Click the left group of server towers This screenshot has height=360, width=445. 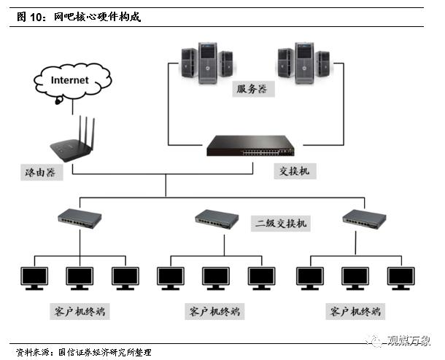pos(206,61)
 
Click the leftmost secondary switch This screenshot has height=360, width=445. pos(80,216)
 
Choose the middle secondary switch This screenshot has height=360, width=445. pos(217,217)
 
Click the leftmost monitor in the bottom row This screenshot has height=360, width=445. pos(34,278)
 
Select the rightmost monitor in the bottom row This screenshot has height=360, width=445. pos(400,278)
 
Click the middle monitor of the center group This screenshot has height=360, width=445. pos(216,278)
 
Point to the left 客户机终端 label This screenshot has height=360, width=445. pos(80,311)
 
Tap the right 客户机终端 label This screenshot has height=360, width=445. pos(354,311)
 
